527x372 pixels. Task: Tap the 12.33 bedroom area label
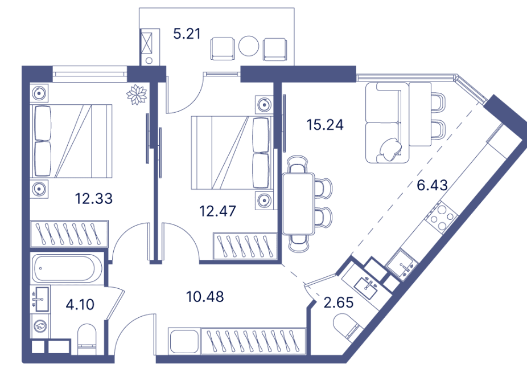[94, 199]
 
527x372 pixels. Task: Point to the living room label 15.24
[324, 125]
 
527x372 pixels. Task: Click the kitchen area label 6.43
[433, 185]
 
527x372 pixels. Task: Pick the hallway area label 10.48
[205, 297]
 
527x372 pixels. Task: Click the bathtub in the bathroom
[67, 267]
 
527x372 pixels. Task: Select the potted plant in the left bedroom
[137, 93]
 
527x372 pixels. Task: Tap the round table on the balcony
[249, 46]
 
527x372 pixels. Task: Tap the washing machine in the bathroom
[41, 326]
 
